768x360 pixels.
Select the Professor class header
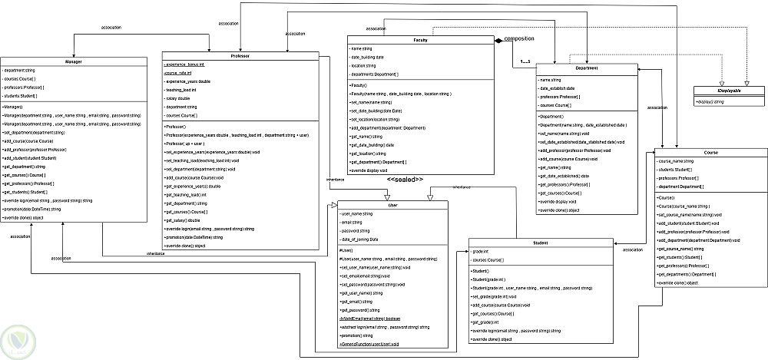pyautogui.click(x=240, y=56)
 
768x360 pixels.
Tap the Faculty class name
pyautogui.click(x=420, y=39)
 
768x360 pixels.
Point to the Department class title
pyautogui.click(x=587, y=68)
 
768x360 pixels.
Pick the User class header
pyautogui.click(x=392, y=205)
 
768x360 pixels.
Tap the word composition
pyautogui.click(x=519, y=38)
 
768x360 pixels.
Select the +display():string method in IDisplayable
pyautogui.click(x=711, y=101)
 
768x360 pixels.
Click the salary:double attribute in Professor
pyautogui.click(x=178, y=98)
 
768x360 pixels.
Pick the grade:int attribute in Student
pyautogui.click(x=482, y=252)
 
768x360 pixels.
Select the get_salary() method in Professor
pyautogui.click(x=183, y=219)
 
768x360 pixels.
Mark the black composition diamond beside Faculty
pyautogui.click(x=497, y=39)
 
